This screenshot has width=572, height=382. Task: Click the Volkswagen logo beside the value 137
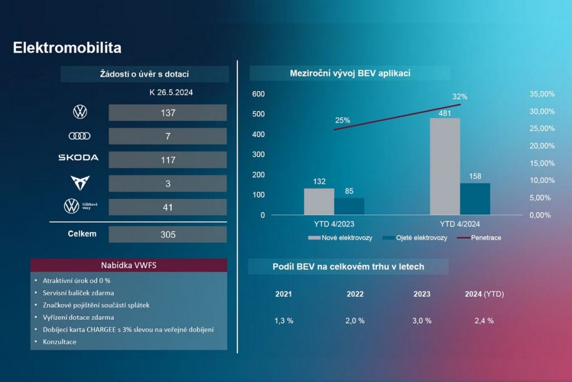[x=80, y=112]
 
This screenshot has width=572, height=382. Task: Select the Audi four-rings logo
[x=79, y=136]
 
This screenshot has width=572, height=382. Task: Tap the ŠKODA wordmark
[x=78, y=158]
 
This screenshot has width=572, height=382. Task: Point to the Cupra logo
[x=80, y=183]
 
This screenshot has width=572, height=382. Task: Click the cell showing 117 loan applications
[x=168, y=160]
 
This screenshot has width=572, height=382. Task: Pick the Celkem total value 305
[x=168, y=234]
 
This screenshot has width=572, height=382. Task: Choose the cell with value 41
[x=168, y=207]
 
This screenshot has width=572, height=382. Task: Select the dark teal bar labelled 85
[x=349, y=206]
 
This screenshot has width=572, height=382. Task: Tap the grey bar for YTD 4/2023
[x=319, y=201]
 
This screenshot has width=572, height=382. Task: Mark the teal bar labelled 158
[x=475, y=199]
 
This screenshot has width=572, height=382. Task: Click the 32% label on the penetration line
[x=460, y=96]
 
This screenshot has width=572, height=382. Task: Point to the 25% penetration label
[x=342, y=120]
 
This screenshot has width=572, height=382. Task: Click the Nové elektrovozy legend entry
[x=340, y=238]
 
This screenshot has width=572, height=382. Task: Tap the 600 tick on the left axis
[x=258, y=94]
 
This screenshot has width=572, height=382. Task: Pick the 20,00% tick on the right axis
[x=542, y=146]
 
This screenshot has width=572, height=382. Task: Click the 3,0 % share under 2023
[x=422, y=320]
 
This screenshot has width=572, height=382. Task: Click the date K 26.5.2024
[x=171, y=93]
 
